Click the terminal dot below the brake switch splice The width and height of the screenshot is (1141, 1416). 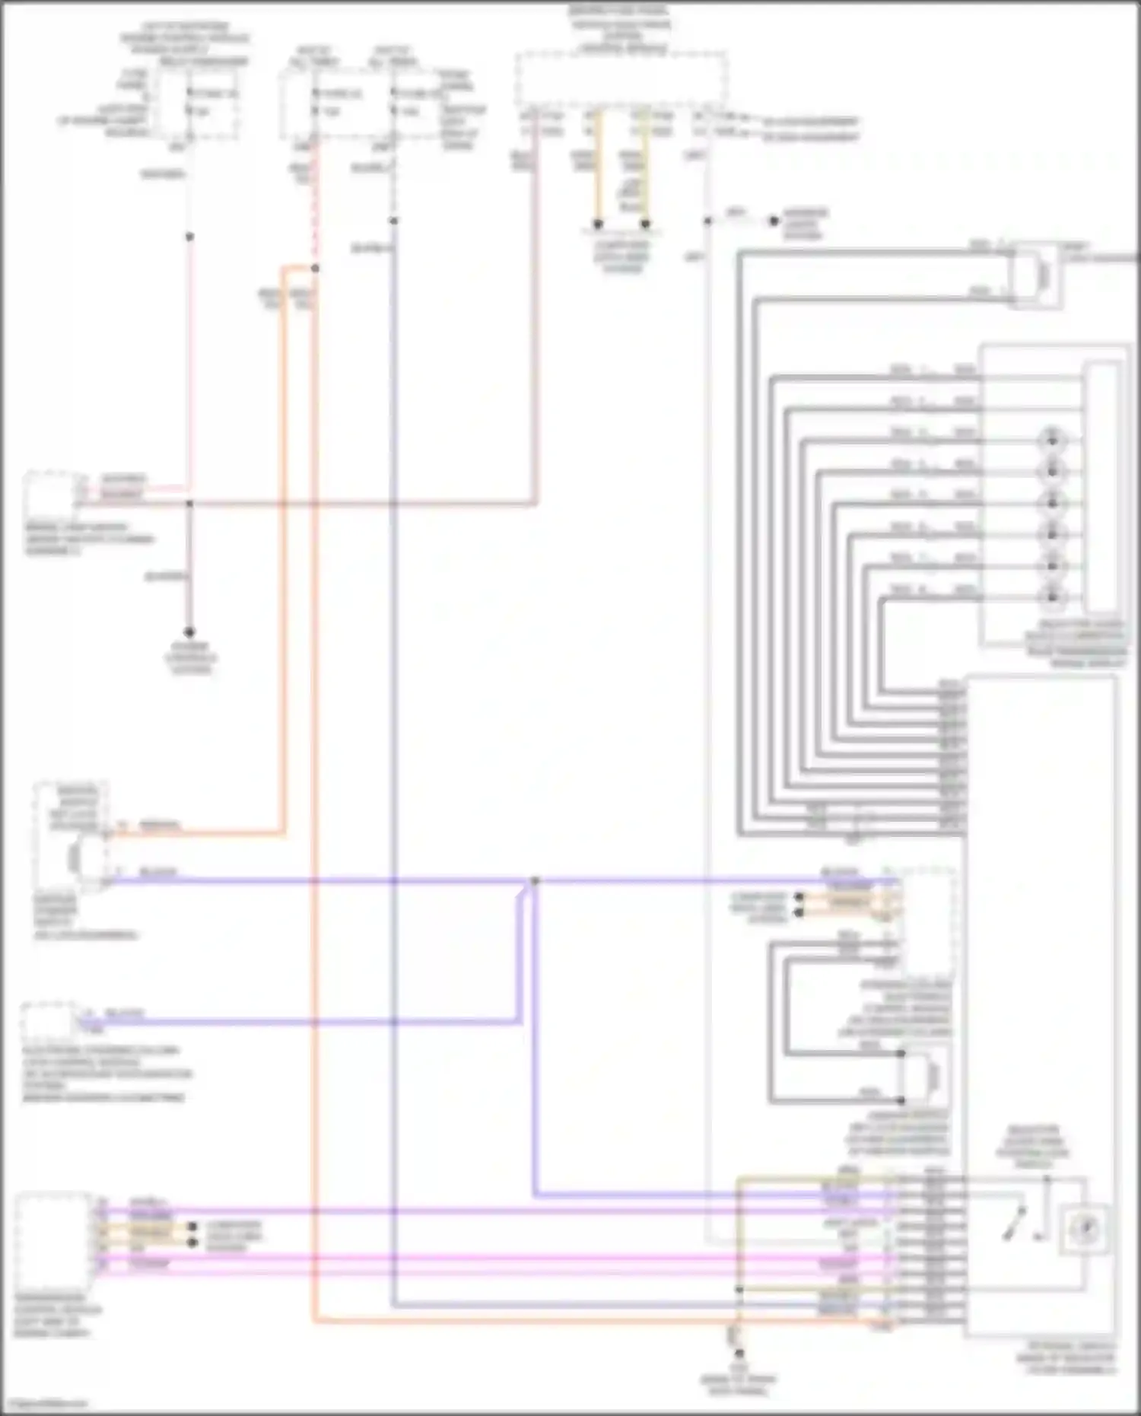coord(189,632)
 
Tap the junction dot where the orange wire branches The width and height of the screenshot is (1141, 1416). coord(315,268)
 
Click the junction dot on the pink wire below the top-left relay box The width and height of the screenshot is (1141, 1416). coord(189,237)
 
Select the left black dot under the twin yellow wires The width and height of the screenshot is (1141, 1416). coord(598,224)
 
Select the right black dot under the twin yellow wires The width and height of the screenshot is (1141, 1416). coord(645,224)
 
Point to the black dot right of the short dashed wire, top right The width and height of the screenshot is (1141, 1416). coord(774,221)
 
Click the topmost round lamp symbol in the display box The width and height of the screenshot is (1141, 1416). coord(1052,439)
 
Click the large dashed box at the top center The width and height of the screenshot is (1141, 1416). coord(621,78)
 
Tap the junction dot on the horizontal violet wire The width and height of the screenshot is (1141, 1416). coord(535,881)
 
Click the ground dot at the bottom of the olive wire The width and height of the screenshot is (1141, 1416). coord(738,1354)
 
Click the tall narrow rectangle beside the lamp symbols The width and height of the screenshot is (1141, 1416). coord(1103,487)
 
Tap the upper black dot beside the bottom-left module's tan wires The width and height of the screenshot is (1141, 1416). coord(192,1227)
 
